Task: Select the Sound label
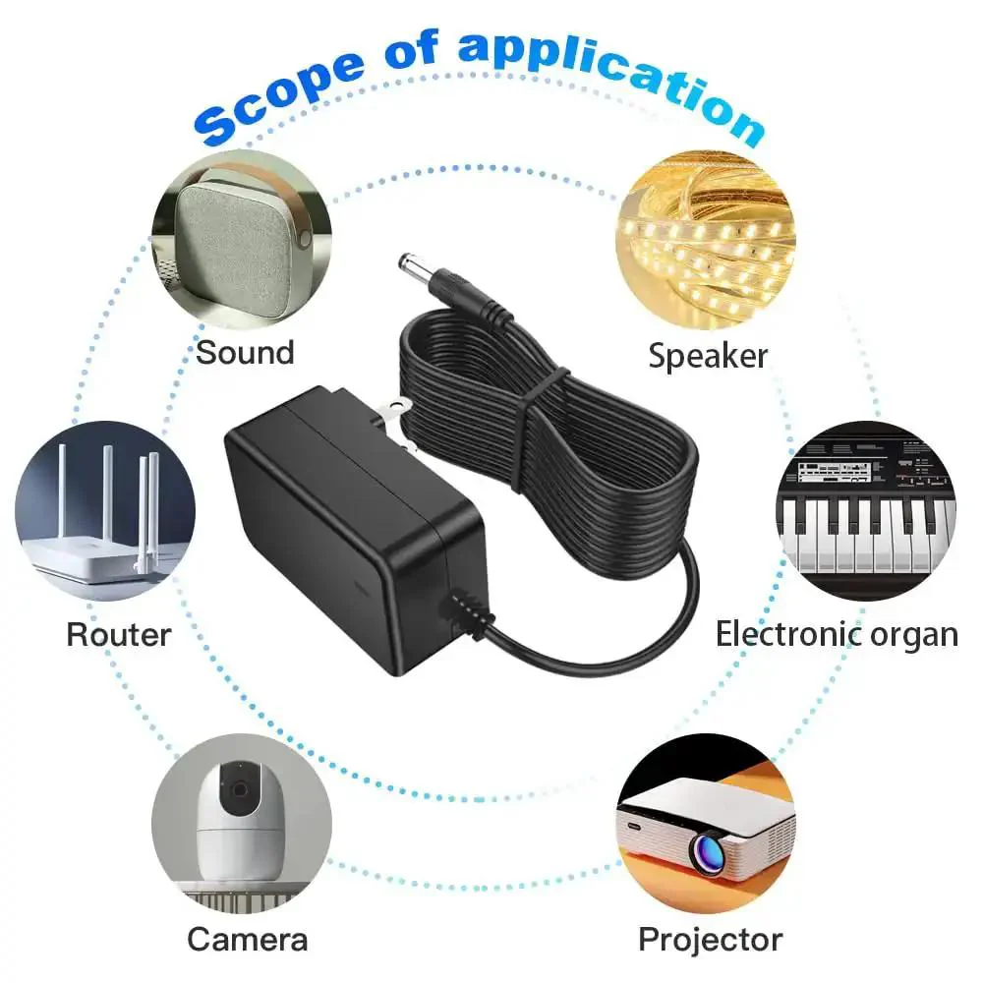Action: pos(245,352)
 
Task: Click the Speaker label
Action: pos(708,356)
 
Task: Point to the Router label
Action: pos(119,634)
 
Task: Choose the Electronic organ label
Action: pos(837,635)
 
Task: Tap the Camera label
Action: pos(248,939)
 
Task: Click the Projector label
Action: pos(711,940)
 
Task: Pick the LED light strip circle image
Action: pos(706,240)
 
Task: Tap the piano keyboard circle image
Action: pos(867,510)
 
